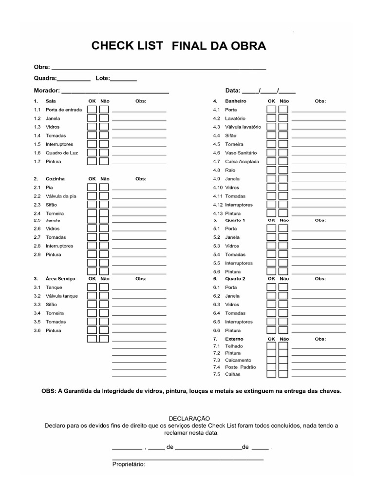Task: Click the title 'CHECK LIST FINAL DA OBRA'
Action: [179, 46]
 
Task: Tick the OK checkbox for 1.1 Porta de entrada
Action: [92, 110]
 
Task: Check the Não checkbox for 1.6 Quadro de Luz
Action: [104, 153]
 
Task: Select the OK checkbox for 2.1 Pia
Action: [92, 187]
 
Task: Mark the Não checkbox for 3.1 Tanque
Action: [104, 288]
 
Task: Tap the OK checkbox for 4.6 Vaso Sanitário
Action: [271, 153]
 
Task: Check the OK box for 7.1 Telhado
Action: [271, 346]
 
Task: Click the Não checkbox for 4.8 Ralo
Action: [283, 170]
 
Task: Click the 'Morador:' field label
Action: [47, 91]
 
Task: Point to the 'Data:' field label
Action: [233, 91]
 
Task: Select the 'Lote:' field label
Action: [103, 78]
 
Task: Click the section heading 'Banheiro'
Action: [236, 101]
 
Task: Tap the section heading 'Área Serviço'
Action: [60, 279]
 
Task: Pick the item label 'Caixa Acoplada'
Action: [242, 161]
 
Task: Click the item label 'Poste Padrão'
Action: [240, 367]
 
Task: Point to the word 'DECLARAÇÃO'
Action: [189, 419]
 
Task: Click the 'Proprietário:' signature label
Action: [129, 464]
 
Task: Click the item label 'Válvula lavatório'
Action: [243, 127]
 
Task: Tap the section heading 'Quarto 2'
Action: [235, 279]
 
